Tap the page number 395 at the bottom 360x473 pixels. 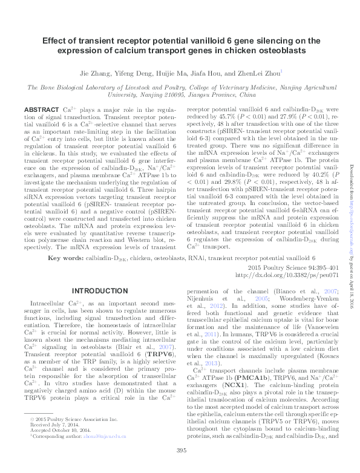(x=180, y=466)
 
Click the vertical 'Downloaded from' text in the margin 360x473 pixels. (x=352, y=175)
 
